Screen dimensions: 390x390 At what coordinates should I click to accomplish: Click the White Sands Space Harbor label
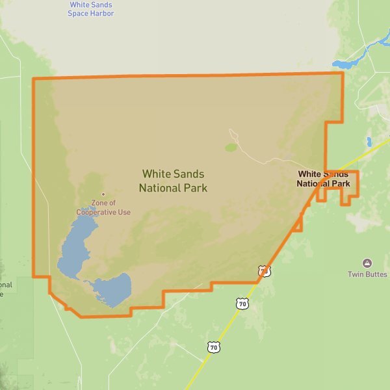click(91, 9)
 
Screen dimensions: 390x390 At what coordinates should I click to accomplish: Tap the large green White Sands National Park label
click(173, 181)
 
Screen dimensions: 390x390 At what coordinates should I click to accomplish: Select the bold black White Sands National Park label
click(324, 179)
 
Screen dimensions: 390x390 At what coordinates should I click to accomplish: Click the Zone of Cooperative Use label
click(103, 207)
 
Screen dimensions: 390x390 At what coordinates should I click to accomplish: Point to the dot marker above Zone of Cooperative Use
click(103, 194)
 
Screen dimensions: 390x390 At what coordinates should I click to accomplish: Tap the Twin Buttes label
click(367, 274)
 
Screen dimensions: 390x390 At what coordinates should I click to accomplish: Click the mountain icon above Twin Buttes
click(367, 263)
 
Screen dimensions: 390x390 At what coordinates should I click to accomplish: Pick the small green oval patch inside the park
click(231, 148)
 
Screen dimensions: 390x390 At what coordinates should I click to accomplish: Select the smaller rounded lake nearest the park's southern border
click(114, 289)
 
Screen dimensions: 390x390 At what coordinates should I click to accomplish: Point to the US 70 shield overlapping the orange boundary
click(263, 271)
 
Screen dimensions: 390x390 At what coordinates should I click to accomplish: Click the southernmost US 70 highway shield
click(214, 347)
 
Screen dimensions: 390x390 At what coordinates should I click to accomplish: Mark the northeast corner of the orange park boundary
click(343, 73)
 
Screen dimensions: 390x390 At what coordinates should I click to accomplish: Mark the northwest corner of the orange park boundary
click(34, 79)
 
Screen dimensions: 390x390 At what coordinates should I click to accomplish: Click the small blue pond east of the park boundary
click(369, 142)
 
